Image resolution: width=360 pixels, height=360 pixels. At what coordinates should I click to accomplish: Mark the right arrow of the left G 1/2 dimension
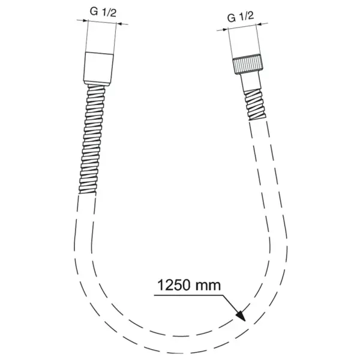coord(119,24)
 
